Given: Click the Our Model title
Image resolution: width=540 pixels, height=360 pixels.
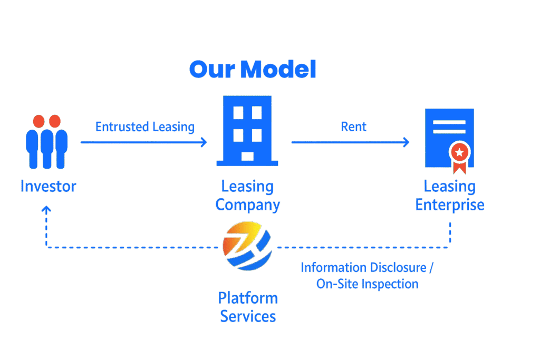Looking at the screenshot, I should (252, 70).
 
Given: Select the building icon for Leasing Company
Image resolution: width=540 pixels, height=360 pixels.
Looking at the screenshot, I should (247, 131).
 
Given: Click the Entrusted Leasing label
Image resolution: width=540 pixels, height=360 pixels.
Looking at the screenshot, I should (145, 127).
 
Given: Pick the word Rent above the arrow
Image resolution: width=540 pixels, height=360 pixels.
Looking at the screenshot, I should (353, 127).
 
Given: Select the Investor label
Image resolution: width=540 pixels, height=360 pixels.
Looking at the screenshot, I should (48, 186).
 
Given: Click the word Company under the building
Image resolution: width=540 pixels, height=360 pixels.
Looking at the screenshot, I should (248, 205).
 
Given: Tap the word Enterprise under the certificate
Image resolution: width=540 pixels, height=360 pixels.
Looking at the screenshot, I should (450, 205).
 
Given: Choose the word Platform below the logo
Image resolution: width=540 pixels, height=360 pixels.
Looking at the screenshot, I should (248, 298).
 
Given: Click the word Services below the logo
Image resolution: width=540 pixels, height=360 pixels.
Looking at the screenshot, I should (248, 316).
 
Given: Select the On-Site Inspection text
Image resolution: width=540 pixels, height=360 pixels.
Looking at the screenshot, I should (367, 284).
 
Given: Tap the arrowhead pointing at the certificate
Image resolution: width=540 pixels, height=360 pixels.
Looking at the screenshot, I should (406, 142).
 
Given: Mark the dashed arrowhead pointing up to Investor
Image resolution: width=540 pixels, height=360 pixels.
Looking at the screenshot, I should (46, 210).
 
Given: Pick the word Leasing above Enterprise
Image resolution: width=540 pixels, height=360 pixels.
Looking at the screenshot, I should (450, 187).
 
